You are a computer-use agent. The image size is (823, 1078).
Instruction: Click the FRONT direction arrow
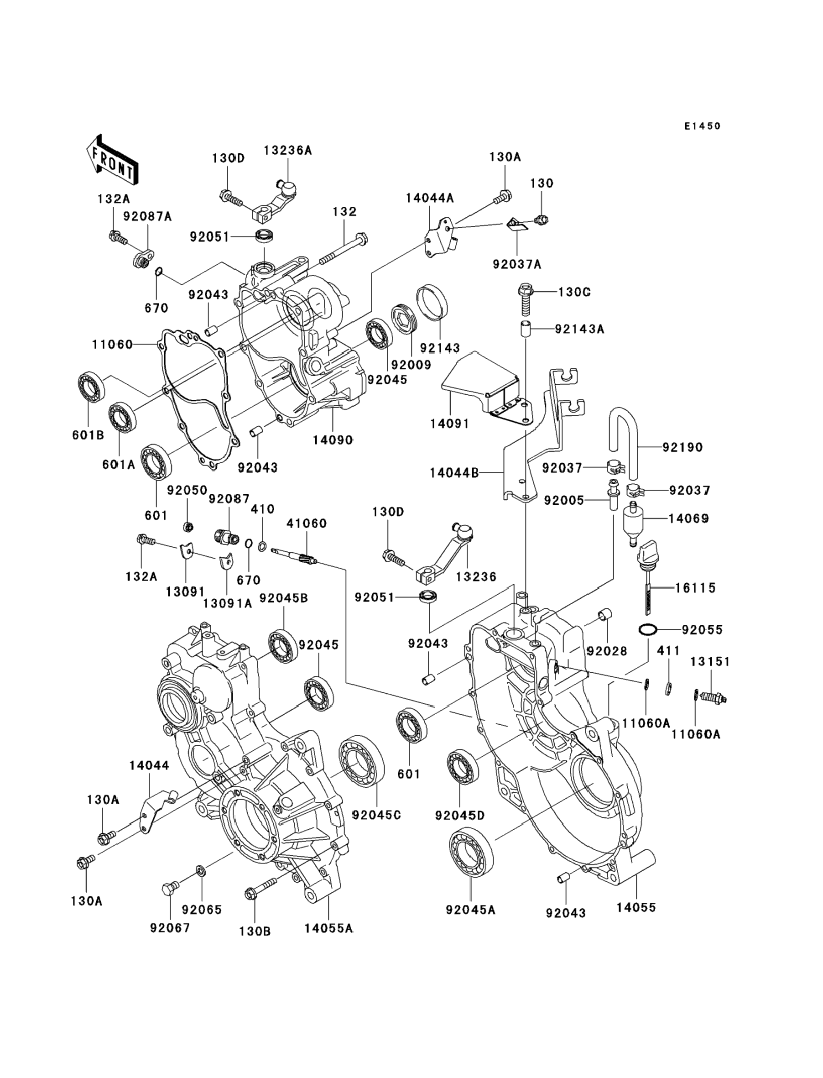[x=111, y=159]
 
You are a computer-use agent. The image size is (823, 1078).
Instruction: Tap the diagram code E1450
[x=703, y=126]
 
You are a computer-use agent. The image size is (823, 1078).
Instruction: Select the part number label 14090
[x=333, y=440]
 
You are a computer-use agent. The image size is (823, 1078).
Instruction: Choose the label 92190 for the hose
[x=682, y=447]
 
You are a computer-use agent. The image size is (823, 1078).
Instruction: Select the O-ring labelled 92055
[x=648, y=630]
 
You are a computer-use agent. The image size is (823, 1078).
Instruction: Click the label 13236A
[x=287, y=150]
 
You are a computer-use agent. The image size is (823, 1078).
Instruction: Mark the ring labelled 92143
[x=432, y=302]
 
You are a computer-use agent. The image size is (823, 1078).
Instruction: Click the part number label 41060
[x=307, y=523]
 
